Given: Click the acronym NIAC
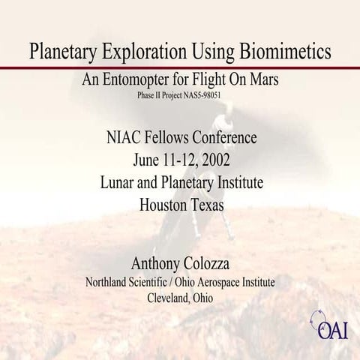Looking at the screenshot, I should pyautogui.click(x=122, y=138).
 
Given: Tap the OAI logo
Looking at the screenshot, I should pyautogui.click(x=327, y=328).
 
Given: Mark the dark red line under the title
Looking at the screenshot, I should pyautogui.click(x=180, y=68).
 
